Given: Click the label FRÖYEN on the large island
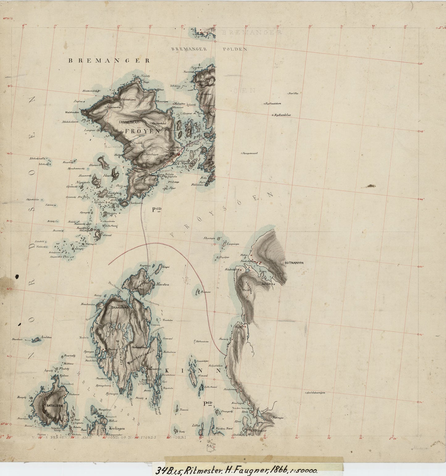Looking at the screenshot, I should (x=142, y=131).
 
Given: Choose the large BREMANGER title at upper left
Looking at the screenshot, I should (x=109, y=61).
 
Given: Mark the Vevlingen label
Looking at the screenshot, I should (x=117, y=429).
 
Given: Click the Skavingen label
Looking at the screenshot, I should (x=209, y=238).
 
